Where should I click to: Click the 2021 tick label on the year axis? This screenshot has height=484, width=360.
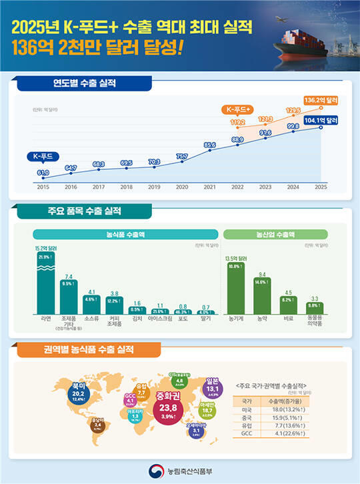click(x=211, y=187)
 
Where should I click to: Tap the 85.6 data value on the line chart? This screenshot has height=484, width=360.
click(x=211, y=144)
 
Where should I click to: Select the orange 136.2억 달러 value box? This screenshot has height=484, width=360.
click(x=321, y=100)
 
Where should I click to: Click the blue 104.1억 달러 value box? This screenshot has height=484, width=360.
click(x=321, y=120)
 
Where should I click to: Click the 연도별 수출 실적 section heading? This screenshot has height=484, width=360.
click(x=84, y=84)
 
